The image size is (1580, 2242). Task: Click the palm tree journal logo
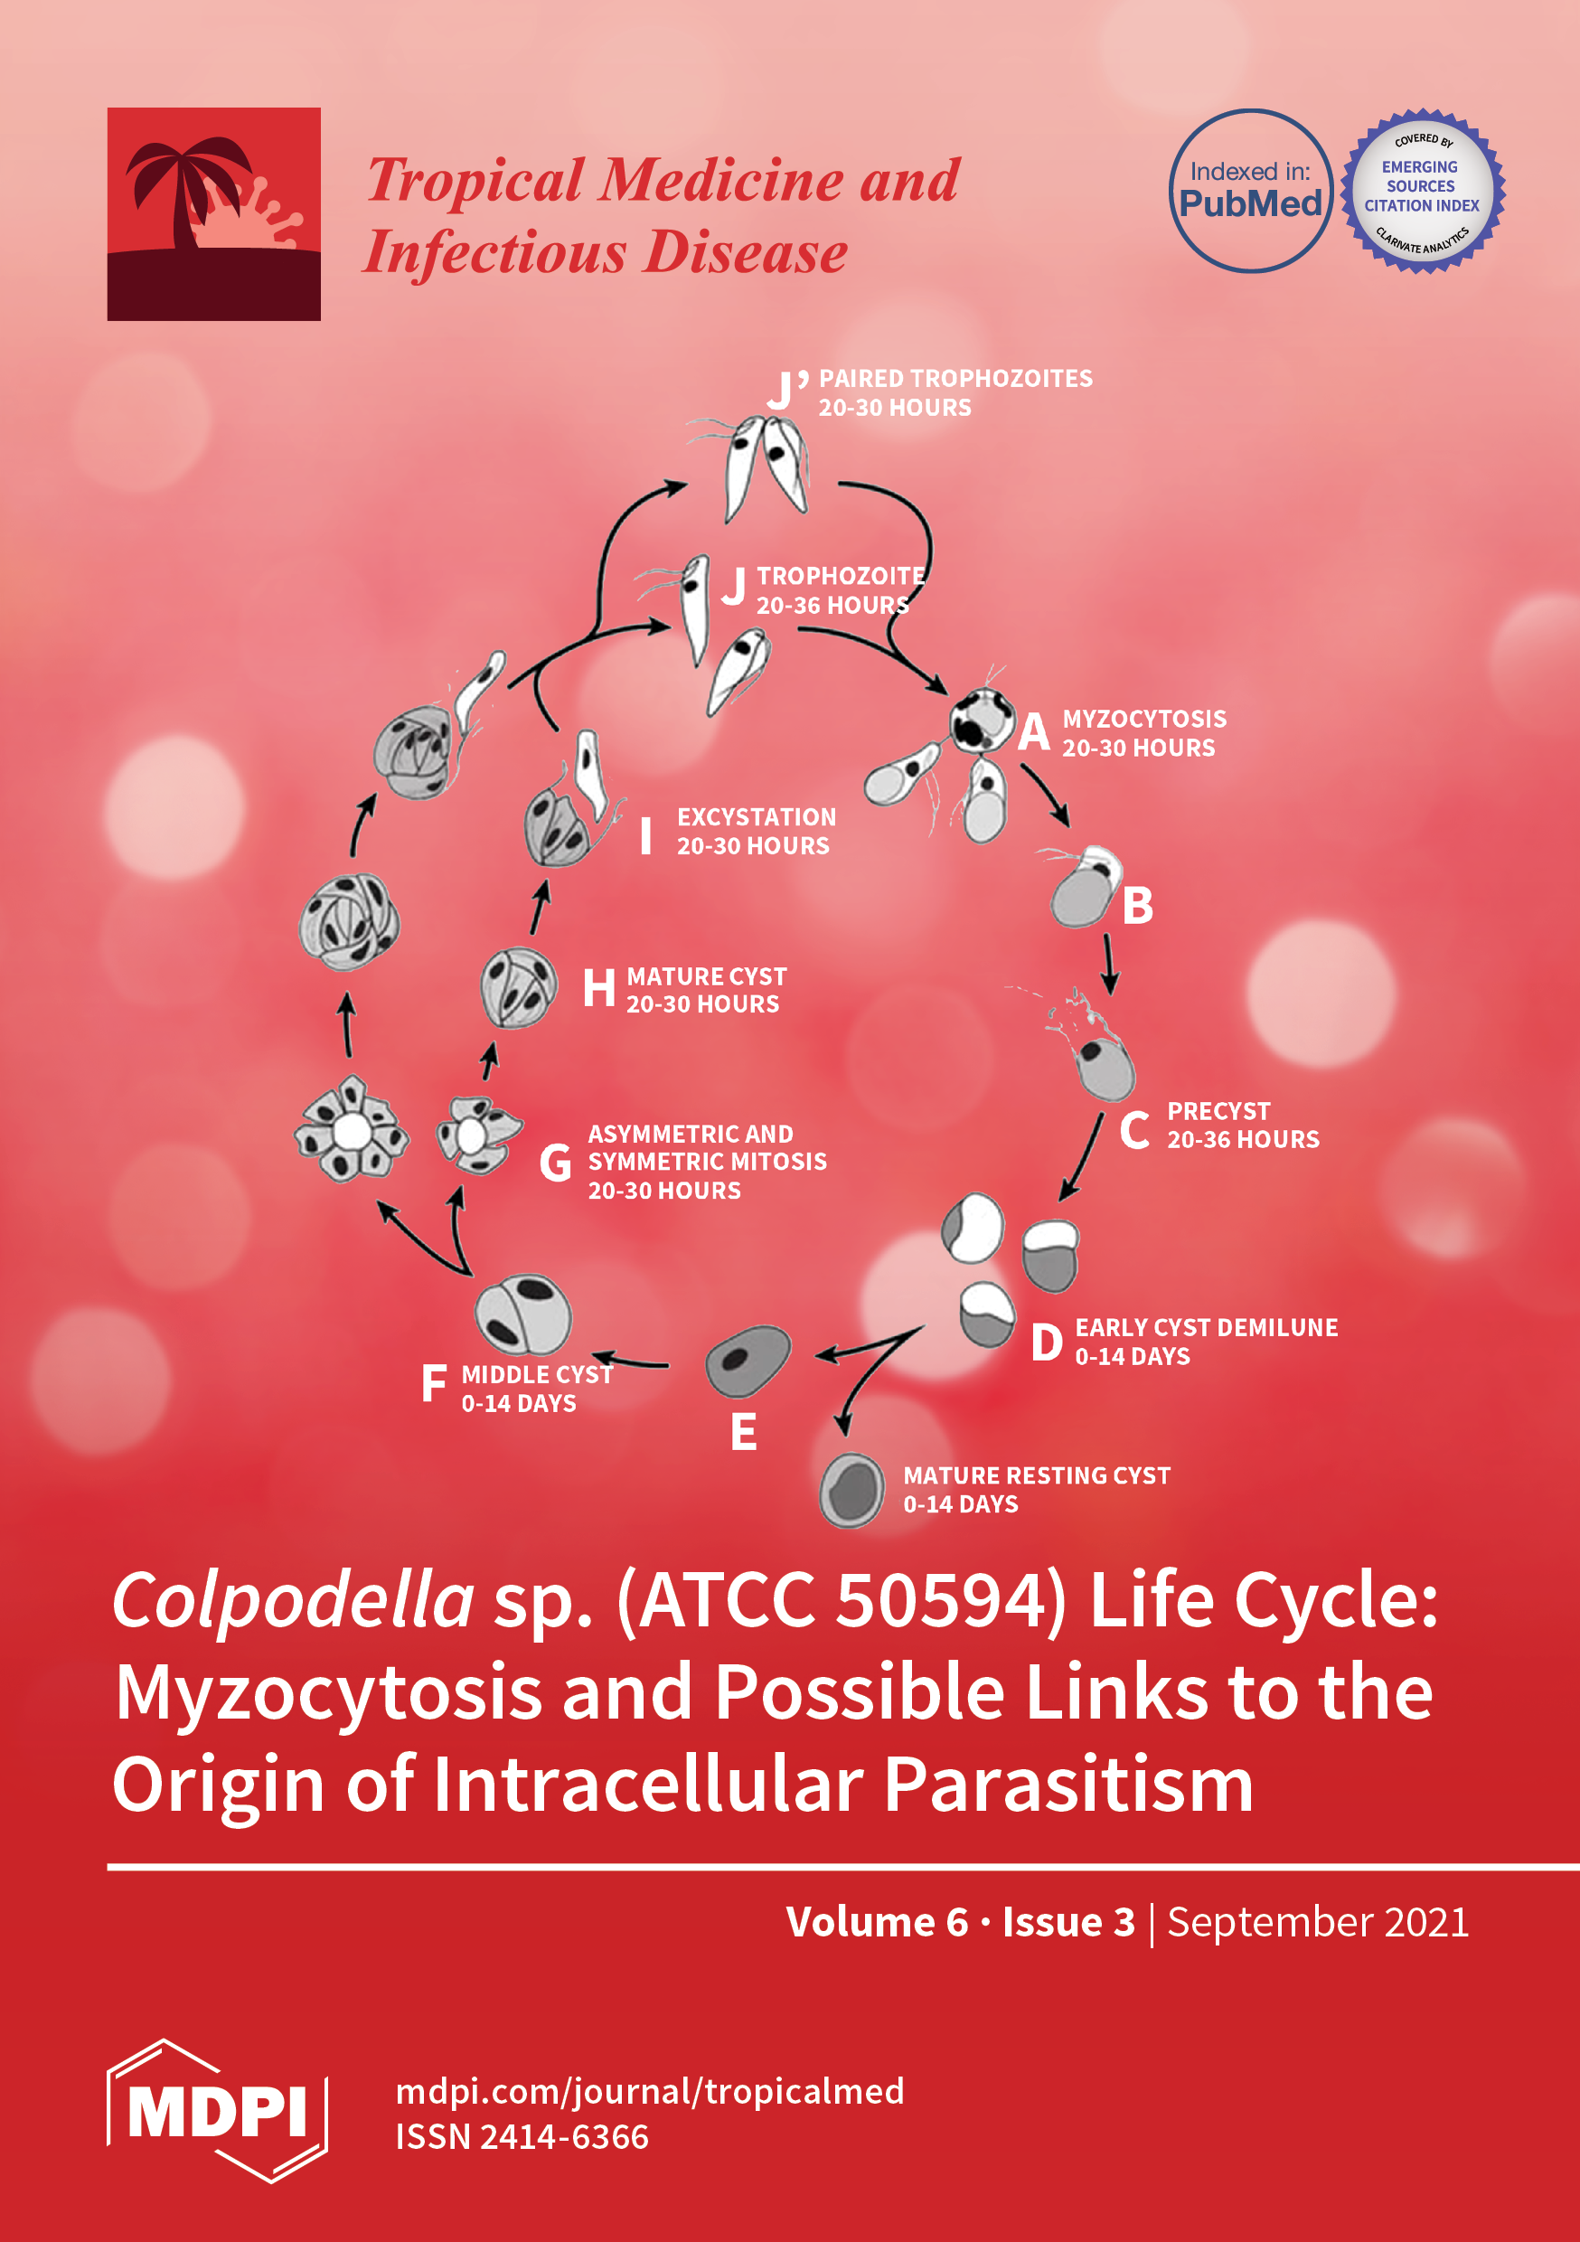coord(214,214)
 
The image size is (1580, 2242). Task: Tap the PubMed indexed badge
coord(1250,191)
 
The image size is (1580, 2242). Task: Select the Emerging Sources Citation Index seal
coord(1422,191)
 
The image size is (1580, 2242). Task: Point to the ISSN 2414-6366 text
coord(522,2136)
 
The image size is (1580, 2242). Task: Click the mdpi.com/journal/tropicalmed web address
coord(649,2091)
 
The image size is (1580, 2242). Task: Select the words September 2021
coord(1317,1922)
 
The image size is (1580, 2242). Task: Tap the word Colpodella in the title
coord(293,1601)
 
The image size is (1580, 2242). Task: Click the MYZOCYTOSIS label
coord(1143,719)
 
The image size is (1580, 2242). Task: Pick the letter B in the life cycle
coord(1138,906)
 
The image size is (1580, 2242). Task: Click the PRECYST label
coord(1218,1111)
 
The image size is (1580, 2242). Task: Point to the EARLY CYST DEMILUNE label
coord(1206,1327)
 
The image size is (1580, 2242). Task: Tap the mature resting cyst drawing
coord(852,1490)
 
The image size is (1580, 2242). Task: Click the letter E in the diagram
coord(743,1433)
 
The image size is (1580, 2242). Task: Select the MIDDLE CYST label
coord(537,1374)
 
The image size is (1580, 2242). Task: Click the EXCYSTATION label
coord(756,816)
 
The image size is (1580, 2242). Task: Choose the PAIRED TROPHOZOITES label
coord(955,378)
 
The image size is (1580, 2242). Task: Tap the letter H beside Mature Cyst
coord(598,988)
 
